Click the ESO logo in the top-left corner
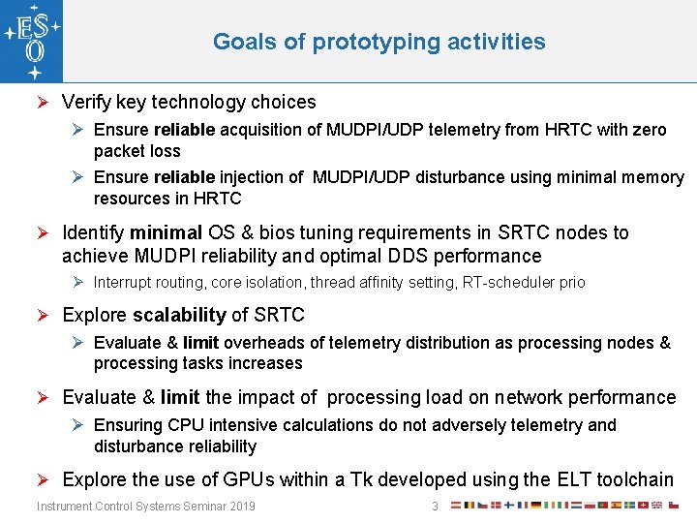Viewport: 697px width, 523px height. click(x=31, y=41)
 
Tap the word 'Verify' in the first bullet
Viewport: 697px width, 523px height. click(x=85, y=102)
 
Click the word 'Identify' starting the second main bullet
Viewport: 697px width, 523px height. click(x=93, y=232)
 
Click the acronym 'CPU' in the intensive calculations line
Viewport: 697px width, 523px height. click(x=185, y=425)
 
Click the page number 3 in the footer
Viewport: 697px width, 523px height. click(x=436, y=507)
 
